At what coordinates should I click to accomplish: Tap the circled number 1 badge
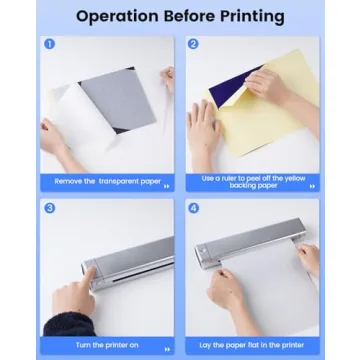49,44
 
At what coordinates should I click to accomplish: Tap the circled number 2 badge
193,44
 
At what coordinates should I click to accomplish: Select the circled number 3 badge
50,208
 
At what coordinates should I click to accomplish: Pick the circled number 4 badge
193,208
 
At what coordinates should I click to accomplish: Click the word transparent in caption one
119,182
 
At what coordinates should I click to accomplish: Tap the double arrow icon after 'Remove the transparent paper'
167,187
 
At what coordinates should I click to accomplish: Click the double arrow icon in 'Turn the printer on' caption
167,349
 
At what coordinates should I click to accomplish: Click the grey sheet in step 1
119,97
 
